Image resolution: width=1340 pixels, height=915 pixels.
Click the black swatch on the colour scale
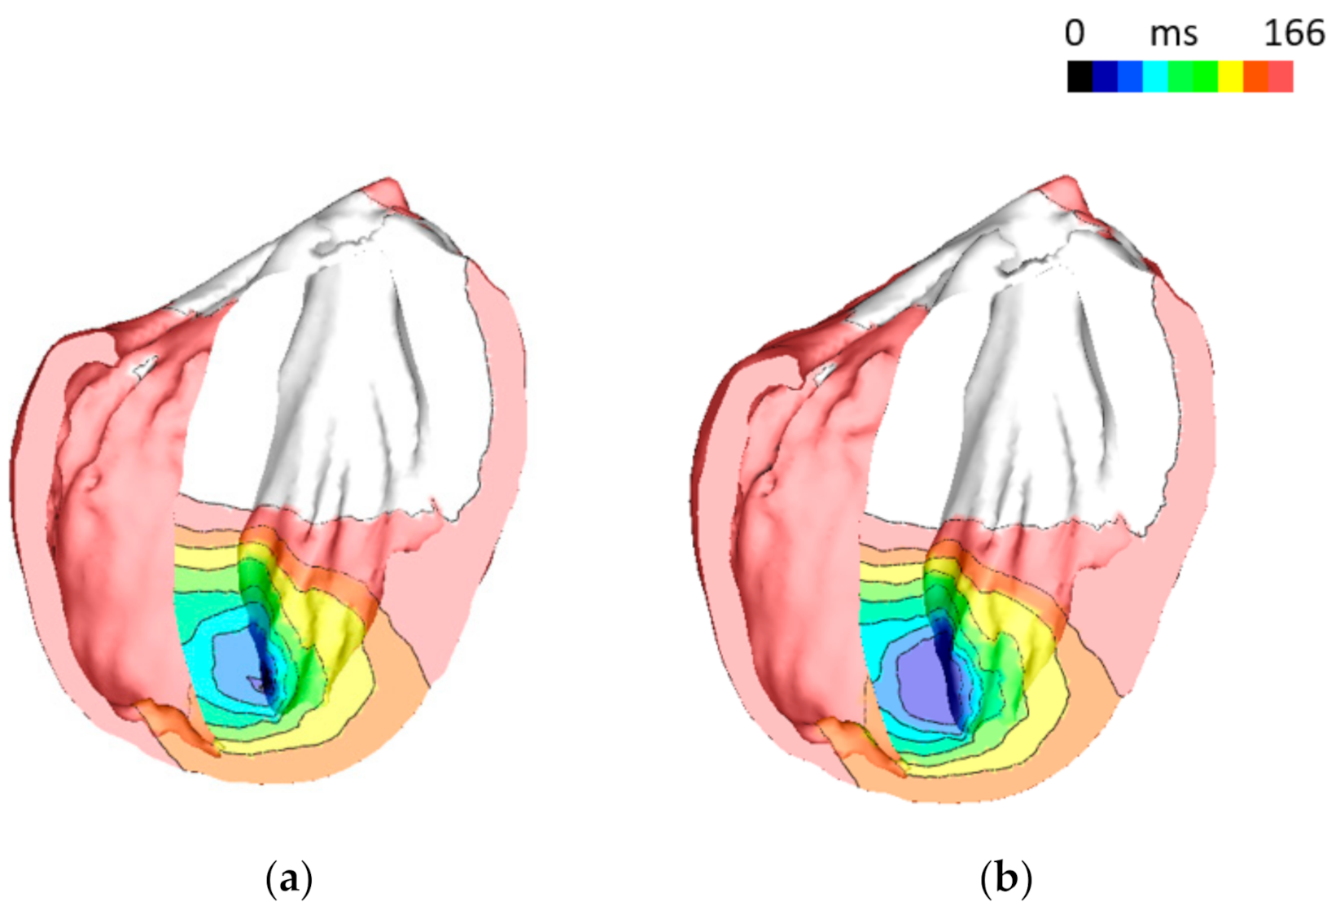(1079, 77)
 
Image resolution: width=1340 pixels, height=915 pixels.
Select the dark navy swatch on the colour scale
(1105, 77)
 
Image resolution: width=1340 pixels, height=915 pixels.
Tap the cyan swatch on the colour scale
(1155, 77)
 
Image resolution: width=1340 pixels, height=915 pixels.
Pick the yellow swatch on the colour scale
(1230, 77)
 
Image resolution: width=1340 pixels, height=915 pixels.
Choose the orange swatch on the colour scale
(1255, 77)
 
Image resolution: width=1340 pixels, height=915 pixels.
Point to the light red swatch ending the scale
(1281, 77)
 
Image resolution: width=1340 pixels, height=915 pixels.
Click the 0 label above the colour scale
(1075, 33)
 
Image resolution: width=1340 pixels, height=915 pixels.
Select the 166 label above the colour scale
(1294, 33)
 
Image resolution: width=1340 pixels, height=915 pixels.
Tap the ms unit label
(1173, 34)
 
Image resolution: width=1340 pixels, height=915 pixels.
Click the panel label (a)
(289, 879)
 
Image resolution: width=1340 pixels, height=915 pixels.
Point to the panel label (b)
(1006, 879)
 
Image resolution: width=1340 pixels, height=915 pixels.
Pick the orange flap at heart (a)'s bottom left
(175, 725)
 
